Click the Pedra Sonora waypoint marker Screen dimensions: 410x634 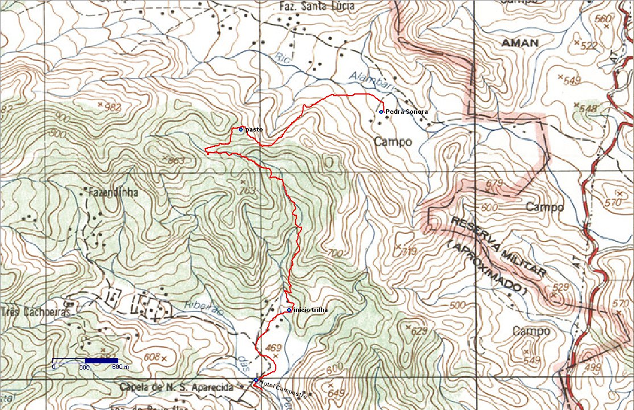(381, 112)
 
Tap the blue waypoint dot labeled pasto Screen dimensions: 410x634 (241, 129)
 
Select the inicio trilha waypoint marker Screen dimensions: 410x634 (289, 310)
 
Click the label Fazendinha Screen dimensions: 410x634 (112, 192)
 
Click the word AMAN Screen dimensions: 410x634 (520, 43)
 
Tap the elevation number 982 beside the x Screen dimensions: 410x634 (114, 106)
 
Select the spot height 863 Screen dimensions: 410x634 (177, 161)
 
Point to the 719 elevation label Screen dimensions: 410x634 (410, 251)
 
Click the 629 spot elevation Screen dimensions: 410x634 (419, 331)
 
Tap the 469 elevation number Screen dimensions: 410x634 (274, 347)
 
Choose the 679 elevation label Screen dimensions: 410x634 (496, 183)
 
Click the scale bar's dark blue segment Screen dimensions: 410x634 (101, 360)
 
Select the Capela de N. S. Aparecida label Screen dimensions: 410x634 (176, 388)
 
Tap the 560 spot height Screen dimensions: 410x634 (602, 19)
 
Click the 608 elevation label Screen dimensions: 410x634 (152, 357)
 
